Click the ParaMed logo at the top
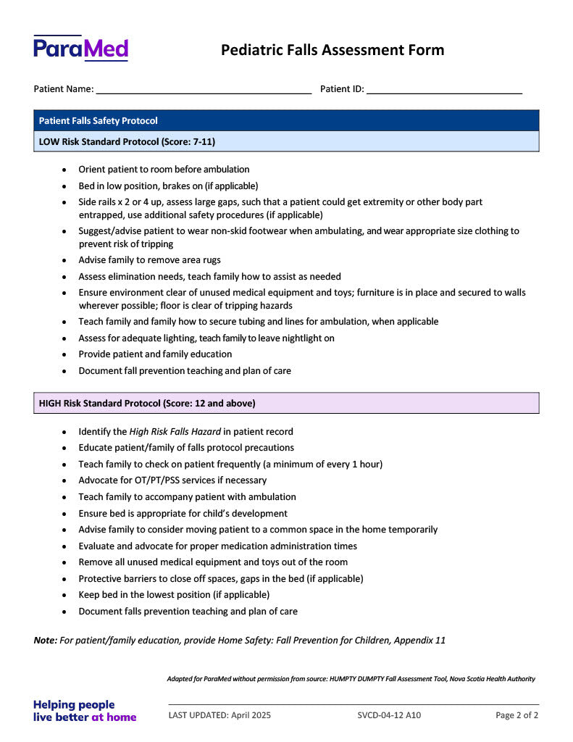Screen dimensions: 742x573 [80, 48]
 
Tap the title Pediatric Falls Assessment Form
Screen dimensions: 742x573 [332, 50]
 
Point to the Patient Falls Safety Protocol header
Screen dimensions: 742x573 [99, 121]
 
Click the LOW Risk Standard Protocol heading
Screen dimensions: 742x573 [127, 141]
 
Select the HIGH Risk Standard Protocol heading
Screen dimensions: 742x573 [147, 403]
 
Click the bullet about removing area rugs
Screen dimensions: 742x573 [149, 260]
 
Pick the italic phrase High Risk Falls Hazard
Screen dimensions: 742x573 [175, 432]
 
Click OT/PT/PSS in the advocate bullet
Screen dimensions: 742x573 [149, 480]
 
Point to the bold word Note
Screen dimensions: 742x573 [45, 641]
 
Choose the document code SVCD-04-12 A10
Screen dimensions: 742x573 [389, 715]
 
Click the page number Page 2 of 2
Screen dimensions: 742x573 [516, 715]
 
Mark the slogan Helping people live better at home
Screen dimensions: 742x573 [84, 711]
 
